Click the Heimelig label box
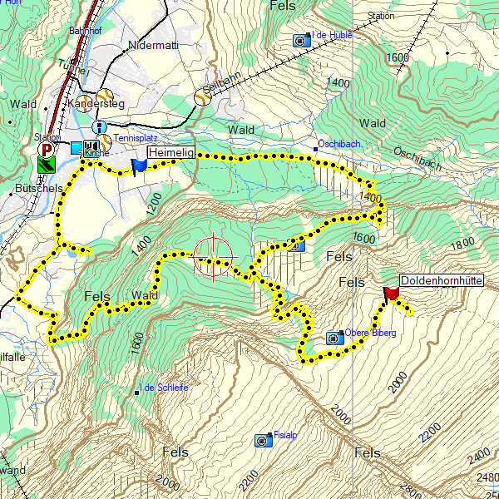[x=171, y=153]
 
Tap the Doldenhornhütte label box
[x=442, y=281]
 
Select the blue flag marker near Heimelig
[x=139, y=166]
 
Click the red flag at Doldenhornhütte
[x=390, y=293]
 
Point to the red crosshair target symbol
[x=213, y=256]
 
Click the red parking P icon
[x=47, y=151]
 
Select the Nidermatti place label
[x=154, y=46]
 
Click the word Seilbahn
[x=224, y=89]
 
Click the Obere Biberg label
[x=371, y=333]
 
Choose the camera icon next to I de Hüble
[x=300, y=39]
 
